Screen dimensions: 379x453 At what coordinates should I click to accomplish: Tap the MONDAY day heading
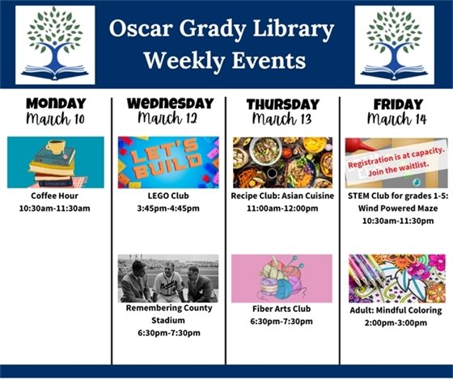pyautogui.click(x=55, y=103)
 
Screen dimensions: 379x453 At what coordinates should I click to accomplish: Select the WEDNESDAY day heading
pyautogui.click(x=169, y=103)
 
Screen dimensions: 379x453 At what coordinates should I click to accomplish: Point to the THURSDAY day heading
pyautogui.click(x=282, y=103)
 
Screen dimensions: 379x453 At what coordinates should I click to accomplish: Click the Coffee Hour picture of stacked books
pyautogui.click(x=55, y=162)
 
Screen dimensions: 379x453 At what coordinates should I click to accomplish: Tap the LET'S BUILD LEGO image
pyautogui.click(x=168, y=162)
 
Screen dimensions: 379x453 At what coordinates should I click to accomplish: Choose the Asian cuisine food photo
pyautogui.click(x=282, y=162)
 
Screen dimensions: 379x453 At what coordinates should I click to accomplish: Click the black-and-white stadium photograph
pyautogui.click(x=168, y=278)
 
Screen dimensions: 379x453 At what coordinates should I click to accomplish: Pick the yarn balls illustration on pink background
pyautogui.click(x=282, y=278)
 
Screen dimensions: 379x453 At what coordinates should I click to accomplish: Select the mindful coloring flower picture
pyautogui.click(x=396, y=278)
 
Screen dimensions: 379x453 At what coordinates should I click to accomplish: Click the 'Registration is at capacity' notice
pyautogui.click(x=396, y=154)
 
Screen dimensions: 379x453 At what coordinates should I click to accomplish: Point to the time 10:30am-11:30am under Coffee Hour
pyautogui.click(x=55, y=208)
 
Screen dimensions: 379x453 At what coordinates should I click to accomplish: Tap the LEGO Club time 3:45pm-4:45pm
pyautogui.click(x=168, y=208)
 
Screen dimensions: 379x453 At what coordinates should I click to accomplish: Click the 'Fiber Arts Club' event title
pyautogui.click(x=282, y=309)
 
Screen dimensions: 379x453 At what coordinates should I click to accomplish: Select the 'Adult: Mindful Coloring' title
pyautogui.click(x=396, y=310)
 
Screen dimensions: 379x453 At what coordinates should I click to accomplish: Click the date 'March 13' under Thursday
pyautogui.click(x=282, y=120)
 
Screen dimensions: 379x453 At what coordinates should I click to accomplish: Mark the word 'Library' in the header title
pyautogui.click(x=293, y=31)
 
